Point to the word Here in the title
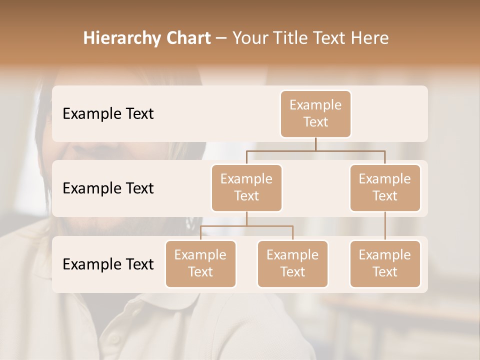coord(370,38)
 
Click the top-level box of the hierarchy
coord(315,114)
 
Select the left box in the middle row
coord(246,188)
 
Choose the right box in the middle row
coord(385,188)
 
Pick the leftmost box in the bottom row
coord(200,264)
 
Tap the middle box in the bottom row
coord(292,264)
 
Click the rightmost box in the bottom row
coord(385,264)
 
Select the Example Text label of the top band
coord(108,114)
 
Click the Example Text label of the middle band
coord(108,188)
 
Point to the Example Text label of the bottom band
coord(108,264)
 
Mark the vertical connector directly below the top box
coord(315,144)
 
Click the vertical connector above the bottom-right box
coord(385,226)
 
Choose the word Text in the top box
coord(315,122)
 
